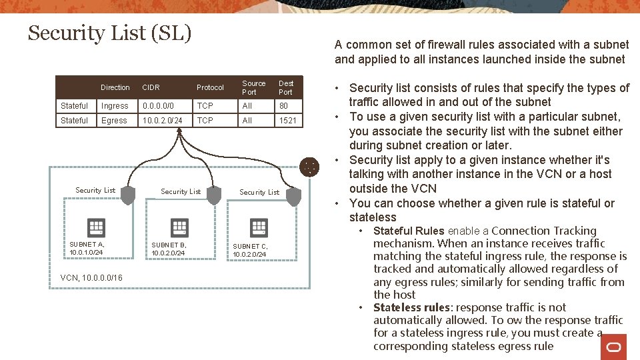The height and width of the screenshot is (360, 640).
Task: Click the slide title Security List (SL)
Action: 109,33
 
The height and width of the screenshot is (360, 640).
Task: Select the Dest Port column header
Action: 285,87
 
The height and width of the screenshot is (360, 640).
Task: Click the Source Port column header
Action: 253,87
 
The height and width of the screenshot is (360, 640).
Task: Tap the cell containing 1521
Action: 287,121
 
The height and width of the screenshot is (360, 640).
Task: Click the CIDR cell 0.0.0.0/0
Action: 157,106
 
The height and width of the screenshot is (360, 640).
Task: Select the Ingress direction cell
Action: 115,106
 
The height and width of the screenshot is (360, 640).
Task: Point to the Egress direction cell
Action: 114,121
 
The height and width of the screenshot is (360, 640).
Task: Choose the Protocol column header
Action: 210,87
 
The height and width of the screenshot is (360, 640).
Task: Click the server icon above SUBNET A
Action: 96,227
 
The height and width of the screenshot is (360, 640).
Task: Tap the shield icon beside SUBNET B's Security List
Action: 213,195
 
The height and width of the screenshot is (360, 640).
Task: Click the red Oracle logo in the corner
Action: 613,347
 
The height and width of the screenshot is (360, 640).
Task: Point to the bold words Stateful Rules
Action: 409,231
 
